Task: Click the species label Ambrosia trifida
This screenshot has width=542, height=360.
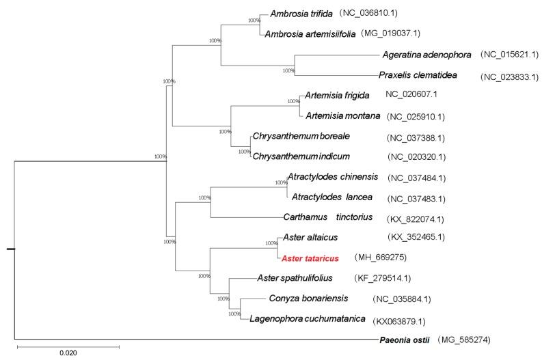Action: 295,14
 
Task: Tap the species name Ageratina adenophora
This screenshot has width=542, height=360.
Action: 423,53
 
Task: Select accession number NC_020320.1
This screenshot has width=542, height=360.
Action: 416,157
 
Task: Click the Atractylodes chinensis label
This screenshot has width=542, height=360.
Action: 333,177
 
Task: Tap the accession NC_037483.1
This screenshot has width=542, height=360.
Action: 416,199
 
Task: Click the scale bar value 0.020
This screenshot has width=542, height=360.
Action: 68,353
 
